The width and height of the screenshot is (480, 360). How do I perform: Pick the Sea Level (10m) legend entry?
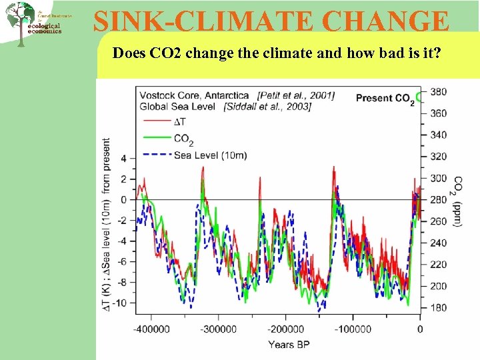(209, 155)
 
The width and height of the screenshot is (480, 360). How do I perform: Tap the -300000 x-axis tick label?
(219, 329)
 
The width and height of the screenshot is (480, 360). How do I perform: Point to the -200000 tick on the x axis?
(286, 329)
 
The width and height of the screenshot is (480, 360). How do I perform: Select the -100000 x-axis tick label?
(353, 329)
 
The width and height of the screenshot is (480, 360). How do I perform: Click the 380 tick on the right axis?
(439, 91)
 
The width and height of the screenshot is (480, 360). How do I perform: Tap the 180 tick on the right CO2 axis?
(439, 307)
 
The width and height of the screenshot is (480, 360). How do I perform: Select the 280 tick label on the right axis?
(439, 199)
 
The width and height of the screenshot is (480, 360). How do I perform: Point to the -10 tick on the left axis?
(120, 303)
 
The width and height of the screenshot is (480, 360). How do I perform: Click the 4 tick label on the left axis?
(123, 159)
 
